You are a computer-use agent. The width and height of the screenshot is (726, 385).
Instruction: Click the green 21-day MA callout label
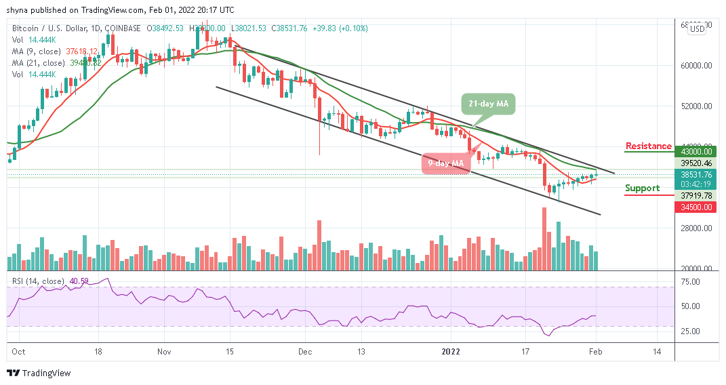(x=488, y=104)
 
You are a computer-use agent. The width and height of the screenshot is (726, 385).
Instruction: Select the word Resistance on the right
(x=648, y=146)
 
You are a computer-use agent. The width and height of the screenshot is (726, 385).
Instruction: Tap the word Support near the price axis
(x=642, y=188)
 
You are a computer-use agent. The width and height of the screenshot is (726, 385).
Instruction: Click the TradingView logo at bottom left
(x=39, y=373)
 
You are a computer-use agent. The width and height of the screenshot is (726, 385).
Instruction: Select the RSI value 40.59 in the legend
(x=76, y=281)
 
